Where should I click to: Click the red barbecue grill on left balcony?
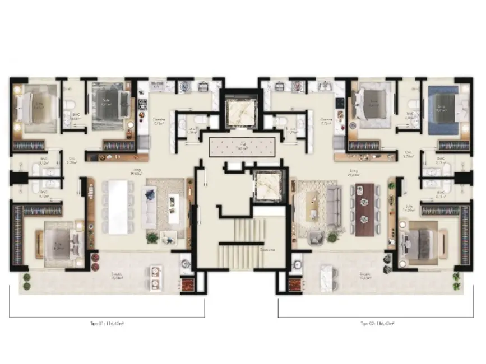click(x=186, y=284)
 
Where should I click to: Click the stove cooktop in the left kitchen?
click(x=142, y=105)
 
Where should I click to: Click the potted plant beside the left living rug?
click(x=152, y=238)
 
